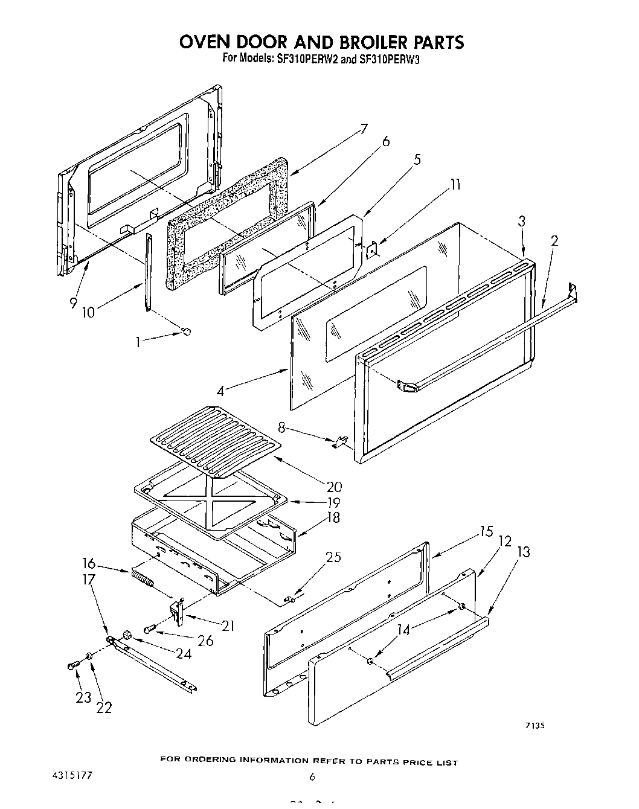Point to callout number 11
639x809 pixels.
(x=455, y=184)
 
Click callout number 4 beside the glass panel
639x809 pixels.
(x=220, y=391)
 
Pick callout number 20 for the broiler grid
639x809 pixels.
(x=334, y=487)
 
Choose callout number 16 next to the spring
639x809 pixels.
(x=89, y=563)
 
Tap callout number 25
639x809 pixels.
(x=333, y=557)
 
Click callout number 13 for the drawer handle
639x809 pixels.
(x=524, y=551)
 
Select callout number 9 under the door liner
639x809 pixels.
(x=73, y=303)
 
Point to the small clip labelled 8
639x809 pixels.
(x=341, y=443)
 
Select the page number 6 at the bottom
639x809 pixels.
(x=312, y=778)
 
